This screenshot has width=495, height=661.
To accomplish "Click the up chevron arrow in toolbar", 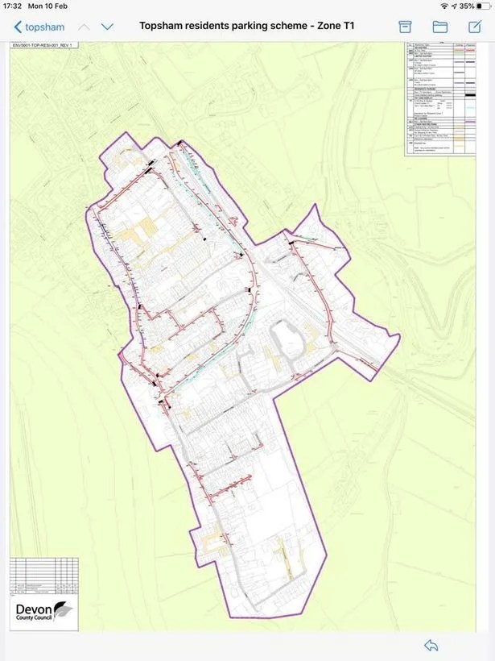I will point(84,27).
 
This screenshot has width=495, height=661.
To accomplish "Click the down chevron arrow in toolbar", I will point(107,27).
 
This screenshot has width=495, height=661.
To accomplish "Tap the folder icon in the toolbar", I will point(440,27).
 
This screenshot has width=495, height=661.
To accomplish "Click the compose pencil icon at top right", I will point(474,26).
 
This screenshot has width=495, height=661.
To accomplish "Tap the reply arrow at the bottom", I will point(431,645).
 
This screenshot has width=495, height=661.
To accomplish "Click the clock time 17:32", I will point(14,6).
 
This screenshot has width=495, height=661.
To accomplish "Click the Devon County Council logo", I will point(44,609).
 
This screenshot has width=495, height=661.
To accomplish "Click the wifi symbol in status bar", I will point(443,6).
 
